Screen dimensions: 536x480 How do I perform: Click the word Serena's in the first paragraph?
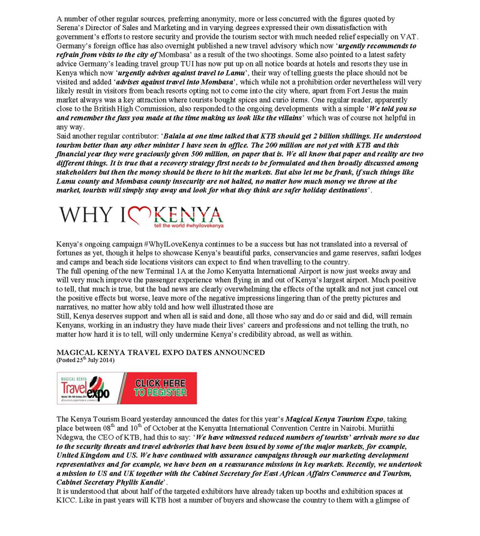[x=72, y=27]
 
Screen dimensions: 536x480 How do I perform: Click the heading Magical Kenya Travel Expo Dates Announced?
[x=160, y=353]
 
